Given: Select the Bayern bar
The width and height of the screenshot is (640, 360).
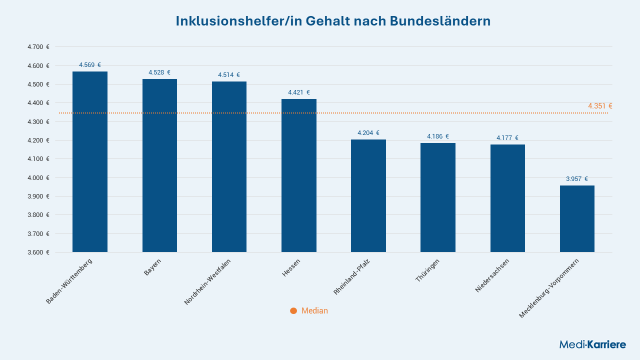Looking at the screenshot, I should point(159,165).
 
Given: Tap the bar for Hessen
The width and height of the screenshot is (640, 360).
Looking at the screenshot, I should point(299,175).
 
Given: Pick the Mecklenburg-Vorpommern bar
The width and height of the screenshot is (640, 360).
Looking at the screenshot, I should point(577,218).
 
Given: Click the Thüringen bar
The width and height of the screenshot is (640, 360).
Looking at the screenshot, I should point(438,197).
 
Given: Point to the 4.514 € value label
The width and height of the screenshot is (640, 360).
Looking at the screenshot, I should point(229,75).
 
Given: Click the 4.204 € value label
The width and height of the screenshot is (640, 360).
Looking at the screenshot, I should point(368,133).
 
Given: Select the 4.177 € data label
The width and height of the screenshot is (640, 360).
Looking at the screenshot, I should point(507,138).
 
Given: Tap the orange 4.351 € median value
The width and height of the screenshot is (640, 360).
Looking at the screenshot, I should point(600,106).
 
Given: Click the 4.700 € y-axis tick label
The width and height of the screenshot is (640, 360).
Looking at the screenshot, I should point(38,47).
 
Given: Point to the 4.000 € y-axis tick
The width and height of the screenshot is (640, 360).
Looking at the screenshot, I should point(38,178).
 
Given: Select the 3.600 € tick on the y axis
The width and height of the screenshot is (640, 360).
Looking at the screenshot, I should point(38,252).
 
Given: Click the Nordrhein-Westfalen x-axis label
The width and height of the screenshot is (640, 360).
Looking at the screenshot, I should point(207,282).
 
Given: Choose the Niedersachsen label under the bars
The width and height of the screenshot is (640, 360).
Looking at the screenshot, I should point(492,275).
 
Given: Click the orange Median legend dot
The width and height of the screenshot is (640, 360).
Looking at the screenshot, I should point(293,311).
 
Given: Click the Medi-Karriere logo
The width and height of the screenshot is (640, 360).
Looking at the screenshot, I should point(592,344).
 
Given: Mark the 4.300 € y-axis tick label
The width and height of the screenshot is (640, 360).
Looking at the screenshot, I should point(38,122).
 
